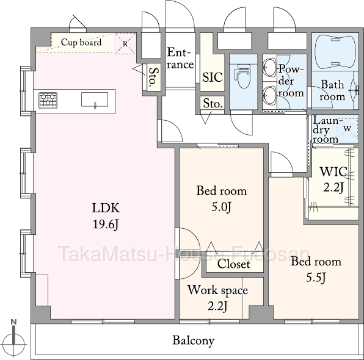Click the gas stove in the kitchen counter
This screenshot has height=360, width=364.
tap(48, 100)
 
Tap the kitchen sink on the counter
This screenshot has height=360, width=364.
tap(95, 99)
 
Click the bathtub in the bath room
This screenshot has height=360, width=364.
tap(335, 52)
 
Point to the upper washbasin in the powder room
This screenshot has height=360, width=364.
tap(269, 68)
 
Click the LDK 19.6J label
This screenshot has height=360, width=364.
tap(106, 216)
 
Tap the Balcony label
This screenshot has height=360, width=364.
tap(194, 340)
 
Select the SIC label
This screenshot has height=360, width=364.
tap(213, 77)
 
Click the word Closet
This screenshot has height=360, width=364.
tap(234, 264)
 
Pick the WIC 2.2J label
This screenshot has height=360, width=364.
tap(333, 179)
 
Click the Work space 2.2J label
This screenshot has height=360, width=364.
tap(218, 298)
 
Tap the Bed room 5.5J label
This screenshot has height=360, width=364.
tap(316, 269)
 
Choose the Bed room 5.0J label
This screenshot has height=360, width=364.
tap(222, 199)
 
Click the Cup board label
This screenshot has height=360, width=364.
tap(81, 43)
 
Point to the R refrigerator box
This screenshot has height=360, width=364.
tap(125, 43)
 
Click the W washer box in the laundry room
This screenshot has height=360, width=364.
tap(348, 128)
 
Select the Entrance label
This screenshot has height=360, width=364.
tap(180, 59)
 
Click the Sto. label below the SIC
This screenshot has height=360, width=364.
tap(213, 103)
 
